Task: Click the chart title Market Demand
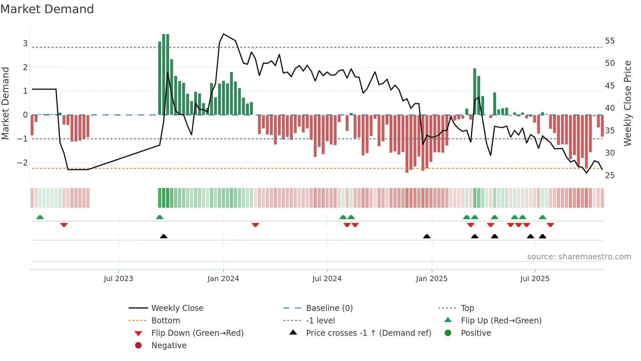click(x=47, y=9)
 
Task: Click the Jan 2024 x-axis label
click(x=223, y=279)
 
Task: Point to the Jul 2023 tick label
click(x=118, y=279)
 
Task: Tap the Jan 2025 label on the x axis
click(x=431, y=279)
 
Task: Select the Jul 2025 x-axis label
click(x=535, y=279)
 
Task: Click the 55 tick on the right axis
click(x=610, y=41)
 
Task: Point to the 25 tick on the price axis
click(x=610, y=176)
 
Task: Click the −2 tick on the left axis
click(x=23, y=163)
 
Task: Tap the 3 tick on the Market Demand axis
click(x=25, y=44)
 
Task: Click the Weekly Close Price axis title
click(x=627, y=103)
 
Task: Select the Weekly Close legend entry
click(x=177, y=308)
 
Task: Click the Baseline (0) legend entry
click(x=329, y=308)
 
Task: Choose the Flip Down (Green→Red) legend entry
click(x=197, y=333)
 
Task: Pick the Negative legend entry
click(x=169, y=346)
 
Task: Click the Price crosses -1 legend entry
click(x=368, y=333)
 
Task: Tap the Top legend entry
click(x=467, y=308)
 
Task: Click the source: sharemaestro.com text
click(x=579, y=257)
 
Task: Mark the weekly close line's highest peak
click(x=223, y=34)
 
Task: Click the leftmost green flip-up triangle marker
click(x=40, y=217)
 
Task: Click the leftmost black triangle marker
click(x=164, y=236)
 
